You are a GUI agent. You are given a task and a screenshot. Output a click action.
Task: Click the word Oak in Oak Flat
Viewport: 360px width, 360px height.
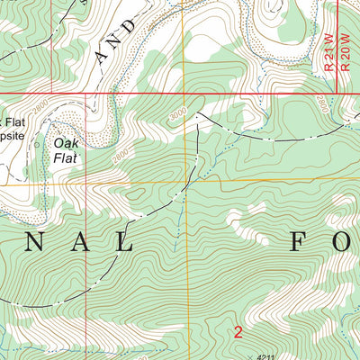[66, 142]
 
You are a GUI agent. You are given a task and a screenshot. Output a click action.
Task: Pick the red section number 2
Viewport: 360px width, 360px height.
[238, 332]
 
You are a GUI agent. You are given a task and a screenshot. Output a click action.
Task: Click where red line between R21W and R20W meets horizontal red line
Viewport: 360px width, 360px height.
[336, 92]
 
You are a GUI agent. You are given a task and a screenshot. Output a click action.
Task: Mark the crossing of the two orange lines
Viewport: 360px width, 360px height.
[188, 184]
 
